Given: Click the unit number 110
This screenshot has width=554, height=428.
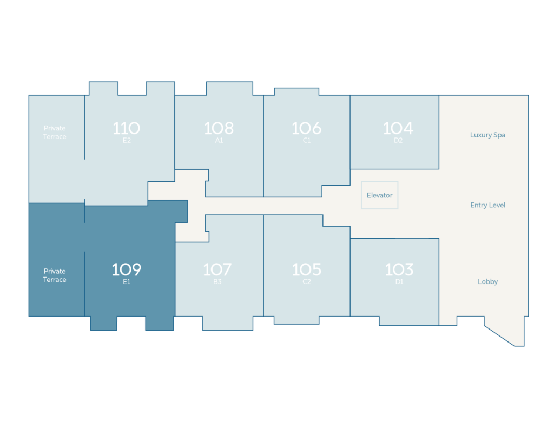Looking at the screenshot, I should (127, 128).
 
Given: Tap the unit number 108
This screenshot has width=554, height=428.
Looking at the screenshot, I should (219, 128).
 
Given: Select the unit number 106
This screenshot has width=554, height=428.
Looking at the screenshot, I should (306, 128).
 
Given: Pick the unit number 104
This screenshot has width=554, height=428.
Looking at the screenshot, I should (398, 128).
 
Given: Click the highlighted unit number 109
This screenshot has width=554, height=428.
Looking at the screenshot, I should (127, 269).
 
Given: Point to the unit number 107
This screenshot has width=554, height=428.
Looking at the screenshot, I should (217, 269).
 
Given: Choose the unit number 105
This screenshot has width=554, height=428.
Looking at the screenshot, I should (306, 269).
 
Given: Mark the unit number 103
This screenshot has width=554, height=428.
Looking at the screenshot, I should (399, 269).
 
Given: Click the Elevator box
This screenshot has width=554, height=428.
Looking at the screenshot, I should (379, 195).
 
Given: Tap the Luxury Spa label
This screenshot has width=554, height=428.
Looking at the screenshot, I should (487, 135).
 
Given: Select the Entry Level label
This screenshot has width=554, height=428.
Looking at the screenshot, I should (488, 205).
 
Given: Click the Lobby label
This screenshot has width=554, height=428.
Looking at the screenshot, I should (487, 281).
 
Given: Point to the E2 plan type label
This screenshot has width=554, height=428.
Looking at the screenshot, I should (127, 140).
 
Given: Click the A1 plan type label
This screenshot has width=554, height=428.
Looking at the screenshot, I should (219, 140).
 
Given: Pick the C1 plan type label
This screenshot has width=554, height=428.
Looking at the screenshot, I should (306, 140).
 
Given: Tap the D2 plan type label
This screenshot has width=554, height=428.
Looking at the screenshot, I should (398, 140).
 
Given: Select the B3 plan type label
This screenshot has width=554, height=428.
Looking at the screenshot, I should (217, 281).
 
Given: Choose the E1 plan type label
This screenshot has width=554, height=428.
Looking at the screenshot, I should (127, 281).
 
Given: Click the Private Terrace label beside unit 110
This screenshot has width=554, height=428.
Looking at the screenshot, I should (55, 133).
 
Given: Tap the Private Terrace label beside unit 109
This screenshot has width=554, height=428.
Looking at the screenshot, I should (55, 275).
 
